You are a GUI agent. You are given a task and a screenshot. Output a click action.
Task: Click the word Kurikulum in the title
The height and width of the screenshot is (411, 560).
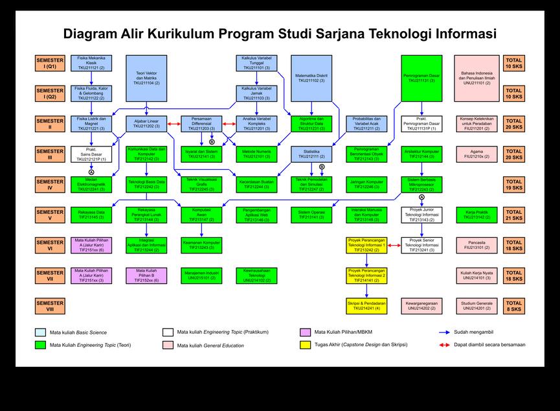point(180,34)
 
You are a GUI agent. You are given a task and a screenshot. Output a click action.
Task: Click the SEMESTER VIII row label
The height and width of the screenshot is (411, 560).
point(50,306)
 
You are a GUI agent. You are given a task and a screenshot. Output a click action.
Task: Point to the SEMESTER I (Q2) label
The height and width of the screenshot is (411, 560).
point(50,93)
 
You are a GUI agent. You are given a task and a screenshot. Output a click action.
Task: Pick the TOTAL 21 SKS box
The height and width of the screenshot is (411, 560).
point(513,215)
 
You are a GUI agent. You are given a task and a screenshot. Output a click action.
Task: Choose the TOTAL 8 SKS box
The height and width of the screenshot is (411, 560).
point(513,306)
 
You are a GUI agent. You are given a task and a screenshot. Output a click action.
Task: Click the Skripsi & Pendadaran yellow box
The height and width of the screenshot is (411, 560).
point(367,306)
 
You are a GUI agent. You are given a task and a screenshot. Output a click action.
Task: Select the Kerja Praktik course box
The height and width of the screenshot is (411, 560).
point(477,215)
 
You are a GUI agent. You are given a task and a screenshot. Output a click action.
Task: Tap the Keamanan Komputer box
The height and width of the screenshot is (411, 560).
point(202,245)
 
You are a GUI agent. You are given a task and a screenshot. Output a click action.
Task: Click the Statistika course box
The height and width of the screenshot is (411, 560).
point(312,154)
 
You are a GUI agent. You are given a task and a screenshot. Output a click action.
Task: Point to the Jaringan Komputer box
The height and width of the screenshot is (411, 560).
point(367,184)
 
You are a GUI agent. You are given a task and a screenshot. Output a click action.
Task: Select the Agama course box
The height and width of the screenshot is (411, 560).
point(477,154)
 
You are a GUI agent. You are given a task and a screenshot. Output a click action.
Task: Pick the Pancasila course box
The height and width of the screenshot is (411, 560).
point(477,245)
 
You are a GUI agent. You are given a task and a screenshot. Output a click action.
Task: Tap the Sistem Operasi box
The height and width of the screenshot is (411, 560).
point(312,215)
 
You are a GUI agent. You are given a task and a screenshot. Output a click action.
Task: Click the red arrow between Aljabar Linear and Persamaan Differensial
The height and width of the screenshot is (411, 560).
point(174,124)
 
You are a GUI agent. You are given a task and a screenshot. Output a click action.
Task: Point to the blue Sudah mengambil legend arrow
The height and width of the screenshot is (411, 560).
point(444,332)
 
